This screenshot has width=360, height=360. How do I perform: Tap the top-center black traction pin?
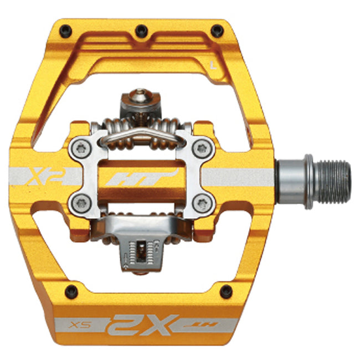[x=142, y=29]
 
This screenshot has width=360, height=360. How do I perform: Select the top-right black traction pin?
[x=217, y=29]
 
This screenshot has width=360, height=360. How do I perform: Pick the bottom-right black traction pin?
[x=225, y=290]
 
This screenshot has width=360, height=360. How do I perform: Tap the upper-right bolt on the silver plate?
[x=202, y=148]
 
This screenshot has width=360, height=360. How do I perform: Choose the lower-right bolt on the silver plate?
[x=202, y=203]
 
